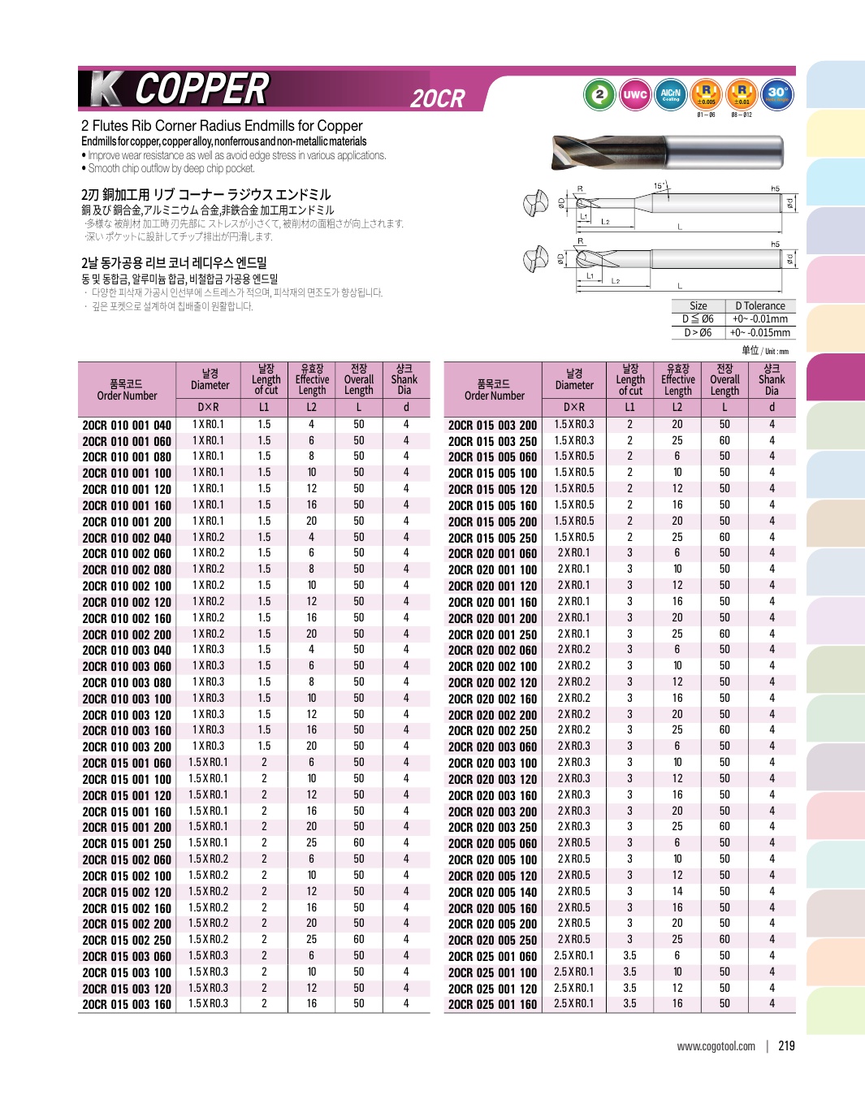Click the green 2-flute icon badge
pyautogui.click(x=599, y=94)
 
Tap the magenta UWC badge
pyautogui.click(x=634, y=94)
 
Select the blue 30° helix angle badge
pyautogui.click(x=776, y=94)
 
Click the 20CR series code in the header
pyautogui.click(x=438, y=99)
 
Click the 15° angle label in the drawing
pyautogui.click(x=659, y=186)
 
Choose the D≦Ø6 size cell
pyautogui.click(x=698, y=319)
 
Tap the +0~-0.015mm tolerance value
pyautogui.click(x=759, y=332)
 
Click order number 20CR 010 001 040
pyautogui.click(x=127, y=425)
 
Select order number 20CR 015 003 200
pyautogui.click(x=492, y=425)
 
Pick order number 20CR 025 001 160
pyautogui.click(x=492, y=1004)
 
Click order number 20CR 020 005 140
pyautogui.click(x=492, y=892)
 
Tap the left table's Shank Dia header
pyautogui.click(x=404, y=379)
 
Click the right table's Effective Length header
pyautogui.click(x=677, y=379)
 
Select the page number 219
pyautogui.click(x=786, y=1046)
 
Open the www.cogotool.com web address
pyautogui.click(x=716, y=1046)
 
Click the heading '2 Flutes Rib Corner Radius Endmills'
pyautogui.click(x=222, y=126)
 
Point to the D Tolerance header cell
pyautogui.click(x=759, y=306)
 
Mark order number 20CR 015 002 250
pyautogui.click(x=127, y=940)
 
